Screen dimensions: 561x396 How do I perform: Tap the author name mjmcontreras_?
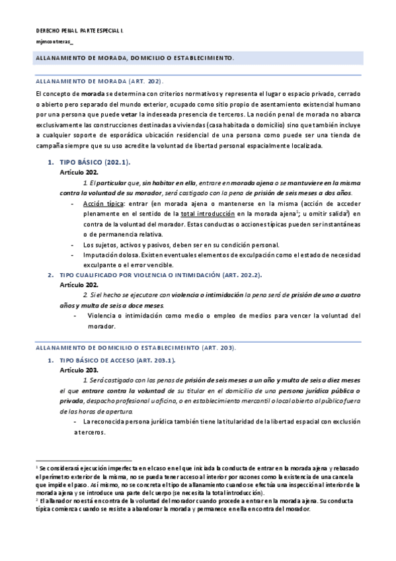coord(55,42)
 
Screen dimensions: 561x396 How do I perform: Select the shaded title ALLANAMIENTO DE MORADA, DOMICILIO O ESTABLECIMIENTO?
coord(134,58)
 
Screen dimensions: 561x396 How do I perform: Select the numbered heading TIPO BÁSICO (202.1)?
coord(95,162)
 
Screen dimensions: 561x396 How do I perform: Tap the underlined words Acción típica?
coord(102,205)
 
